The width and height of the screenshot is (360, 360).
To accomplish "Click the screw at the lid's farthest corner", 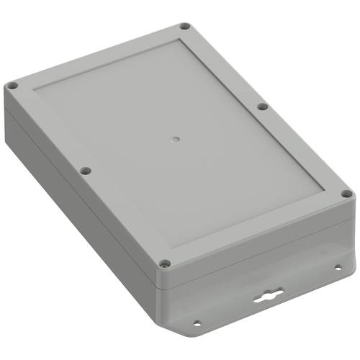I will point(184,27).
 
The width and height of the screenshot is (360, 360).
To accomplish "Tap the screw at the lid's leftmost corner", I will point(12,86).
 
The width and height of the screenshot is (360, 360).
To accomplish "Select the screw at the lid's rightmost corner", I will point(346,194).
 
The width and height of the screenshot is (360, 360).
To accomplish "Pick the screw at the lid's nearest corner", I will point(165,264).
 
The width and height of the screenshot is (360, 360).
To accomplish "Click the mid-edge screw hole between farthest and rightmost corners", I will point(263,107).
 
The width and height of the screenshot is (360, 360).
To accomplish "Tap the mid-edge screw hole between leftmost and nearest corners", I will point(85,171).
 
